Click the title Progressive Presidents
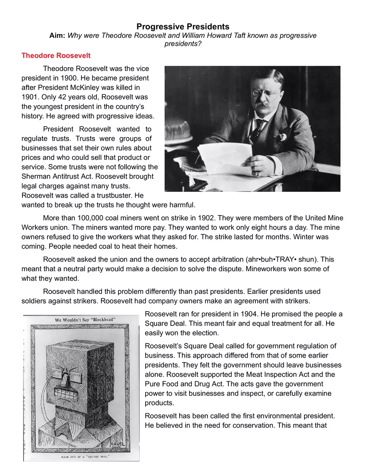click(183, 27)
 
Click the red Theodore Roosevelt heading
click(56, 55)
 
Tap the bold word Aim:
click(57, 36)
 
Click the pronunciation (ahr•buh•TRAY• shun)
click(280, 260)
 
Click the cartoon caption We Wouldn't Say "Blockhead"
click(85, 320)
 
